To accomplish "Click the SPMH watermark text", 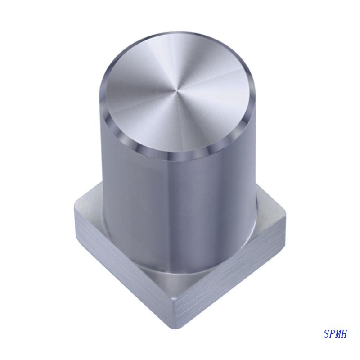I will (x=336, y=333).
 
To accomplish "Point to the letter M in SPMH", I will (x=339, y=333).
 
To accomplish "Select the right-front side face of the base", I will (x=234, y=270).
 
